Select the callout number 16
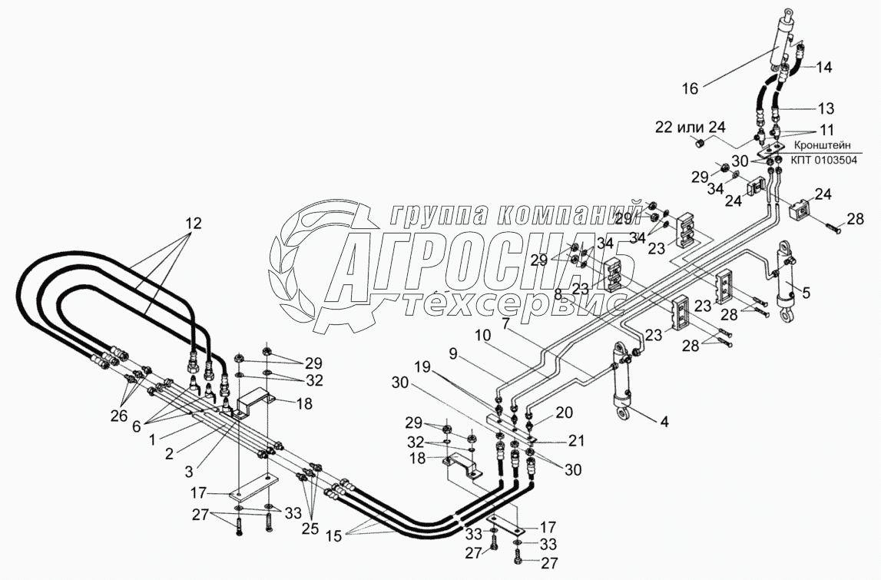[x=690, y=89]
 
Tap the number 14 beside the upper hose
[x=823, y=67]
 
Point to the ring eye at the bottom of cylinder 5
[x=786, y=315]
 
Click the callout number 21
[x=575, y=440]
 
